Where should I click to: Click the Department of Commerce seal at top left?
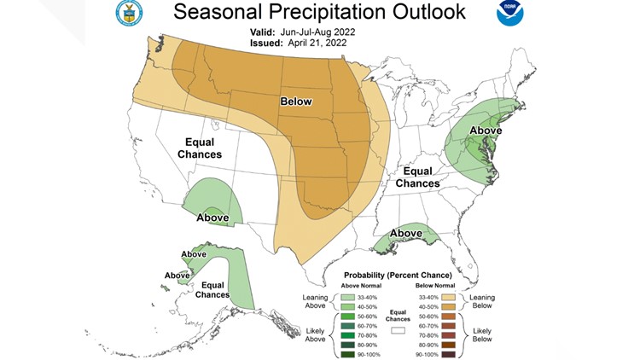click(129, 13)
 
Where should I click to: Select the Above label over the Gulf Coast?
click(407, 233)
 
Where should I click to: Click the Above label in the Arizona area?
click(212, 218)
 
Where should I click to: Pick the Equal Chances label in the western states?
click(199, 147)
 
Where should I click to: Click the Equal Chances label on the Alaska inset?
click(211, 288)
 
